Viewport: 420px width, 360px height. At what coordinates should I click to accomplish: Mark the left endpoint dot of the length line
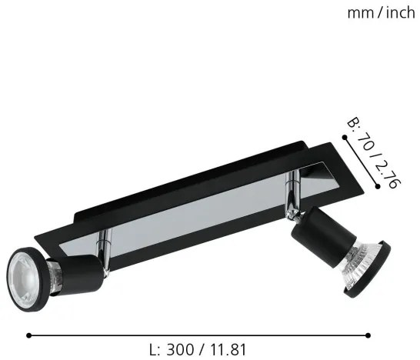28,335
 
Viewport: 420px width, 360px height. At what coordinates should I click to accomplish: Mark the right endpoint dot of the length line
369,335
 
